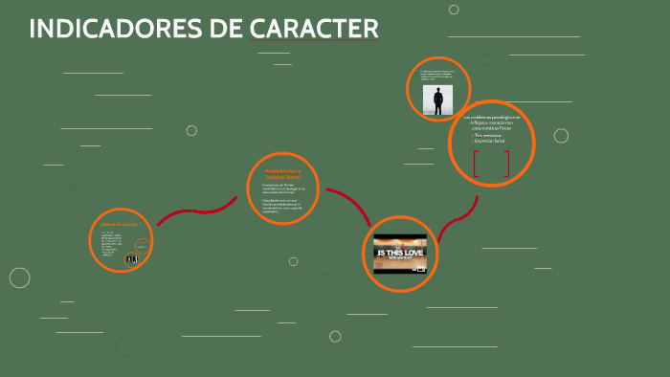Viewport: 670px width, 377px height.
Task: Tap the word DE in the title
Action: [x=227, y=30]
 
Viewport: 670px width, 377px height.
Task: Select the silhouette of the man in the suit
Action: [x=438, y=100]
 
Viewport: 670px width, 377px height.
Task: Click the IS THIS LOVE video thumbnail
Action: [x=400, y=254]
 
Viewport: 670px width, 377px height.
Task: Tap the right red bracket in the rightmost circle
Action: [x=507, y=164]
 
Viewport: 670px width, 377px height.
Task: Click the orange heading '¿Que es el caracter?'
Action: [x=121, y=224]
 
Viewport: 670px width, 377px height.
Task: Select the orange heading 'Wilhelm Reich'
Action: [x=281, y=174]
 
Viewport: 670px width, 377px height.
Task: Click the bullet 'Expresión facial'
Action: [x=489, y=141]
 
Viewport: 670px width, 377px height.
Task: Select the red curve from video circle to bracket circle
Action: [x=459, y=218]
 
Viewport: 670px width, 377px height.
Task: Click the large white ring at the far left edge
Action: [x=20, y=277]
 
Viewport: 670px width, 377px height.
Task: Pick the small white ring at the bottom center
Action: [x=335, y=336]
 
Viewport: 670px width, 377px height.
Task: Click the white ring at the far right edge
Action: [x=561, y=136]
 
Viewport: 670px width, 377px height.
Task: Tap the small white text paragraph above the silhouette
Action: [x=436, y=75]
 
